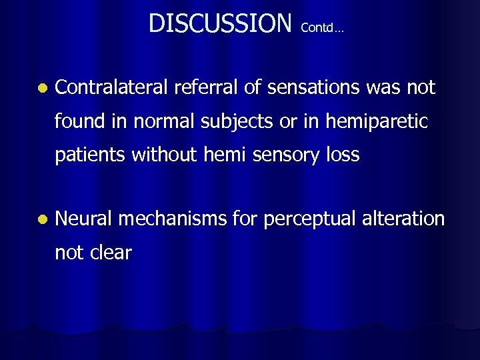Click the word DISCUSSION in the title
pos(220,23)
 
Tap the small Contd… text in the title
pos(322,28)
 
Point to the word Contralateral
pos(111,87)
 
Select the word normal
pos(167,121)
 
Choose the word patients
pos(91,156)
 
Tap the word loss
pos(343,155)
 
